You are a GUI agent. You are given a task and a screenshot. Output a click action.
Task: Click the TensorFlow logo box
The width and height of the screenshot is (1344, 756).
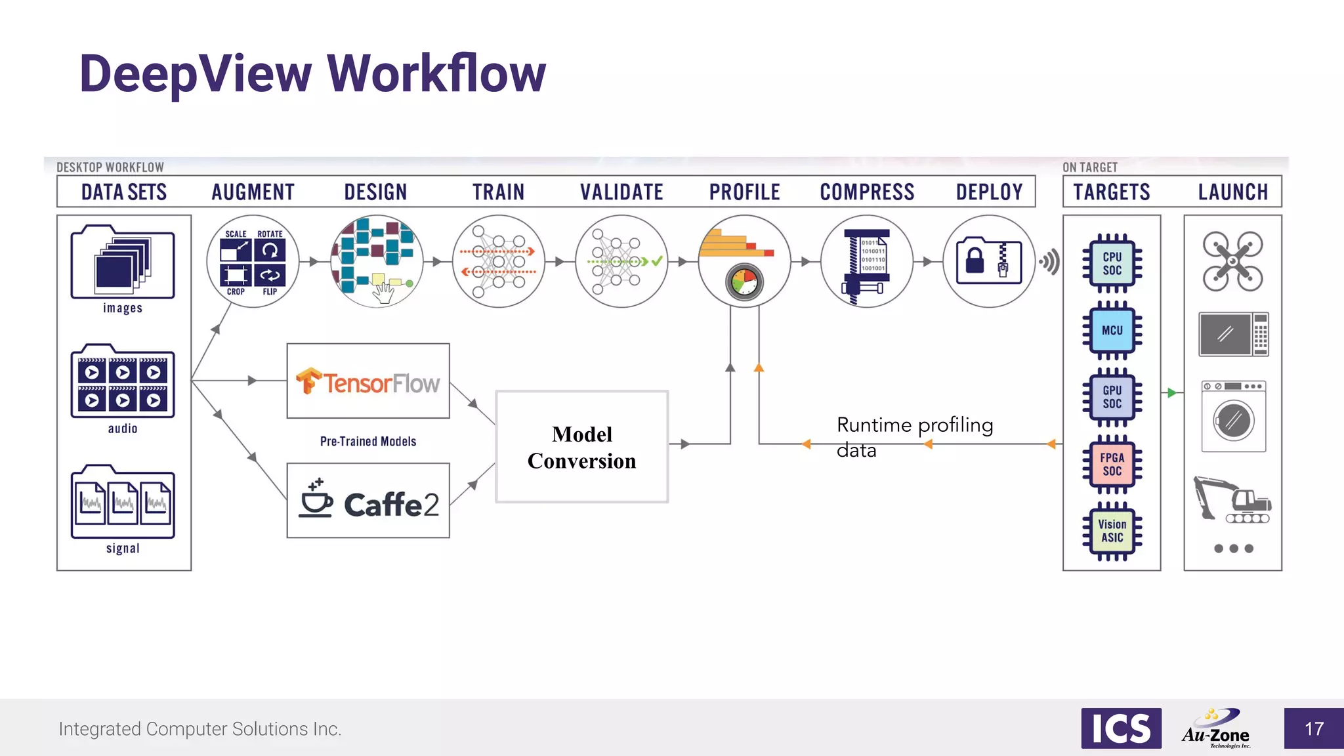tap(368, 381)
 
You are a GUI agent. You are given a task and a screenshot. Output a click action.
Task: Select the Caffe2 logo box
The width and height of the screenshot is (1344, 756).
tap(368, 501)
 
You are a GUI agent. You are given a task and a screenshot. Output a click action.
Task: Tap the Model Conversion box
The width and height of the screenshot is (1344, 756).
tap(582, 447)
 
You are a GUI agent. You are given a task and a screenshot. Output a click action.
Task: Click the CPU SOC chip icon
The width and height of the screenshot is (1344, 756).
tap(1112, 263)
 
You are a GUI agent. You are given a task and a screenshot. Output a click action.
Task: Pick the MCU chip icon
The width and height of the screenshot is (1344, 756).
tap(1112, 330)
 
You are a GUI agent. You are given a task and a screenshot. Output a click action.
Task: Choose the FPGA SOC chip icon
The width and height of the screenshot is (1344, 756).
tap(1112, 464)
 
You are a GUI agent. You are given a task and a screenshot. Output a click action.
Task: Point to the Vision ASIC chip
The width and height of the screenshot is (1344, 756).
tap(1112, 531)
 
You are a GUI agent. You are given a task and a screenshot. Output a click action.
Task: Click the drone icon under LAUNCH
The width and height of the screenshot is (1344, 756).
tap(1232, 261)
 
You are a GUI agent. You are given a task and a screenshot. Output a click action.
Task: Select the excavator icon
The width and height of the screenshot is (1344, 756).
tap(1231, 500)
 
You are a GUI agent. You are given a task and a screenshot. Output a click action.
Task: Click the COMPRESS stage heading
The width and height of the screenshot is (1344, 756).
tap(867, 192)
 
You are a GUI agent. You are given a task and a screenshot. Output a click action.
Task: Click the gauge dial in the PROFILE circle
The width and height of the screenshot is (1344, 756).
tap(744, 283)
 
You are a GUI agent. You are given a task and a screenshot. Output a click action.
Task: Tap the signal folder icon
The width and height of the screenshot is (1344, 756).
tap(123, 503)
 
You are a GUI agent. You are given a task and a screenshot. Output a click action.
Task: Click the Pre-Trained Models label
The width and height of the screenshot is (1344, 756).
tap(368, 442)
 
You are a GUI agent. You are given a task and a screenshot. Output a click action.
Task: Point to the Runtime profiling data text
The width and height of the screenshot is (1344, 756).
tap(913, 437)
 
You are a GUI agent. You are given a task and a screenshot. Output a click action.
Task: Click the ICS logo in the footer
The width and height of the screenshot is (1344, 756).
tap(1121, 728)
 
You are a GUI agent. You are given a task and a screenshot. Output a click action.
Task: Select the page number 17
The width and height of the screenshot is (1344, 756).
tap(1314, 728)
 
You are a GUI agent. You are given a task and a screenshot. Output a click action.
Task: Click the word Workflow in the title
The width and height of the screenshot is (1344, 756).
tap(436, 73)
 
